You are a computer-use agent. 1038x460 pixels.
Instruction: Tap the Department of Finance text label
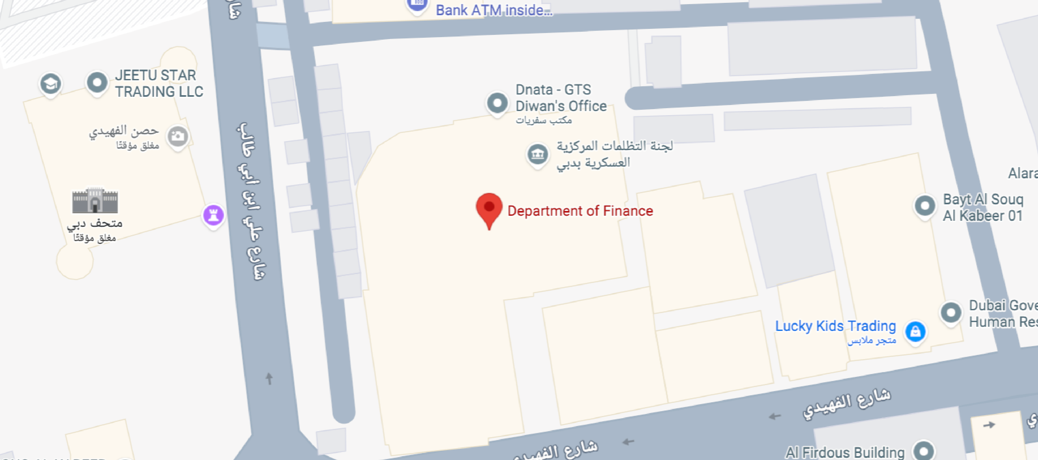(x=580, y=211)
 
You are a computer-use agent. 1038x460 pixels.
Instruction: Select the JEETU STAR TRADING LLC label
(x=159, y=83)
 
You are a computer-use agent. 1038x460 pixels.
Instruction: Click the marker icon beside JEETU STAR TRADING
(x=97, y=83)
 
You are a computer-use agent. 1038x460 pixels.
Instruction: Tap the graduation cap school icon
(x=50, y=84)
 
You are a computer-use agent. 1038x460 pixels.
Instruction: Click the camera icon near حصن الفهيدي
(x=178, y=137)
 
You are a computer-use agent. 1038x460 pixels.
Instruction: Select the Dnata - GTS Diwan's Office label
(x=561, y=98)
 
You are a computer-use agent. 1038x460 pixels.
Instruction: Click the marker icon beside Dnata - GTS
(x=497, y=103)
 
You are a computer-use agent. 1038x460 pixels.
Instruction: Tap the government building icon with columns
(x=538, y=154)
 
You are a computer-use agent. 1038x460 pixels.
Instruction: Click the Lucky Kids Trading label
(x=835, y=326)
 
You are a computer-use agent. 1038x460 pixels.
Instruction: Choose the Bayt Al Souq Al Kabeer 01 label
(x=983, y=207)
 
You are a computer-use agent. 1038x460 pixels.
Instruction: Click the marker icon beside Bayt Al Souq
(x=925, y=206)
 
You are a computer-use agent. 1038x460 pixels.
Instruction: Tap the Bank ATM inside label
(x=494, y=10)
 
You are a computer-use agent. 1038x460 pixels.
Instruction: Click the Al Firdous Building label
(x=845, y=452)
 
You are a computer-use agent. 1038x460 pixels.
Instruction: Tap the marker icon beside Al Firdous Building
(x=923, y=450)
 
